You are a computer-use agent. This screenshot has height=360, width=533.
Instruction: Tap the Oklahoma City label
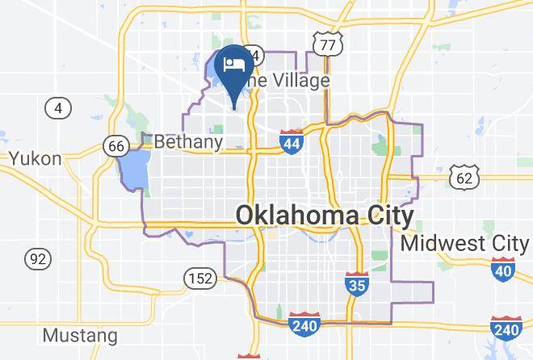[325, 216]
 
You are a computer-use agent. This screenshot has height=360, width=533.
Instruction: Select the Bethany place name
[188, 142]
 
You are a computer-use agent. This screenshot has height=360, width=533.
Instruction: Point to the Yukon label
[35, 158]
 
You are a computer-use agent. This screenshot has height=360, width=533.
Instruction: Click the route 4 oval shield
[57, 107]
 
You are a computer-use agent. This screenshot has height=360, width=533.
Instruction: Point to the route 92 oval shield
[37, 259]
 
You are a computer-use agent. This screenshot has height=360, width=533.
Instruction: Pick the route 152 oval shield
[203, 279]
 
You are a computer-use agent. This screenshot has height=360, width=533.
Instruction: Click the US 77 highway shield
[327, 44]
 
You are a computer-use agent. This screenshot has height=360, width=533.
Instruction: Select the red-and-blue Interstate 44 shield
[292, 141]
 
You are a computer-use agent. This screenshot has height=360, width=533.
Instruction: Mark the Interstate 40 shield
[503, 269]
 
